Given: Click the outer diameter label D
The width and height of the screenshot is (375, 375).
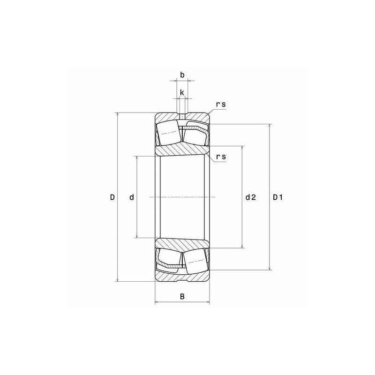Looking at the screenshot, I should [x=112, y=197].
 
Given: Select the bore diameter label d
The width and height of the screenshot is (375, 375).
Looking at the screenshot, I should [x=132, y=197].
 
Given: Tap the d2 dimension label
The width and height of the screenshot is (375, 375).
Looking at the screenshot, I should [x=251, y=197].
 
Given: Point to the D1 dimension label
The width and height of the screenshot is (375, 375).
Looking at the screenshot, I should [x=278, y=197].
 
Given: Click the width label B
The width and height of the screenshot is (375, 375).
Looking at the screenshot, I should [x=182, y=296].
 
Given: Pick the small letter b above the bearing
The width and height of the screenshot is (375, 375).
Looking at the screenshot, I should [x=182, y=75].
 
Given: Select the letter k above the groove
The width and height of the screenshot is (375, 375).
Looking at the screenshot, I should [x=182, y=92].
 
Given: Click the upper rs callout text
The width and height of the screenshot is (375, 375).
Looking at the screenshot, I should [x=221, y=105].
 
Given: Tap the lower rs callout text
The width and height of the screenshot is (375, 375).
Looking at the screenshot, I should [x=221, y=157].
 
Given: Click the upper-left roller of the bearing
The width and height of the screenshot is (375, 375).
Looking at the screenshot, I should [x=168, y=133].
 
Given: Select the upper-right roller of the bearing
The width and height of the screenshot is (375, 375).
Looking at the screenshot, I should [x=195, y=134].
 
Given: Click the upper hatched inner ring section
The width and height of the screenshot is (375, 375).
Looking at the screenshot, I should [x=182, y=150].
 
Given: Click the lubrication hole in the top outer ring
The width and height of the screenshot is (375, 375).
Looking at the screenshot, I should [x=182, y=116].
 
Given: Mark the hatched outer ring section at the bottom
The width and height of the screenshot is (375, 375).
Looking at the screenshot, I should [x=182, y=277].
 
